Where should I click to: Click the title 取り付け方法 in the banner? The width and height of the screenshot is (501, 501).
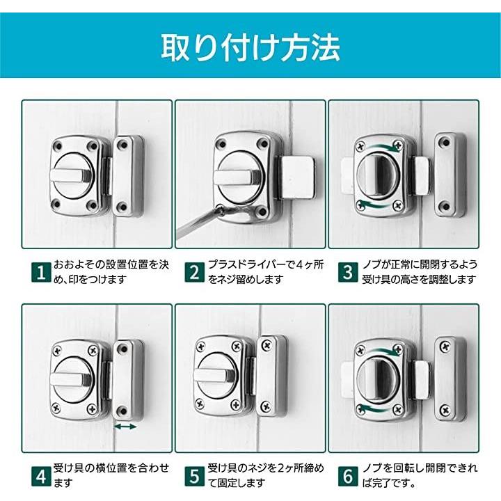[250, 47]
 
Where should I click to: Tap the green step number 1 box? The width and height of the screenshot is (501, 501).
[41, 272]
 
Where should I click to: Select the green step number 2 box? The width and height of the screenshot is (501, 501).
[195, 272]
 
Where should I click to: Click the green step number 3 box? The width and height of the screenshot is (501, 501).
[348, 272]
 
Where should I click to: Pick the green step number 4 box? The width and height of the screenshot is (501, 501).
[41, 476]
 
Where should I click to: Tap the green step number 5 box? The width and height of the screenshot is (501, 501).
[195, 476]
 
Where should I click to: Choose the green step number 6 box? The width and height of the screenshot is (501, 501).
[348, 476]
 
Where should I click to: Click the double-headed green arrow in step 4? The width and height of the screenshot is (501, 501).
[125, 427]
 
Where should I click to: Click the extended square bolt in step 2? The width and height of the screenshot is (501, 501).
[298, 177]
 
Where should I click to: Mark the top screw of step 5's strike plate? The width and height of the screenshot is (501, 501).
[266, 345]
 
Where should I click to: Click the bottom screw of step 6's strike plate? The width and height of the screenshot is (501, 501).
[445, 409]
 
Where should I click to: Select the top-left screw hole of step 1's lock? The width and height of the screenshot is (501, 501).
[58, 146]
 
